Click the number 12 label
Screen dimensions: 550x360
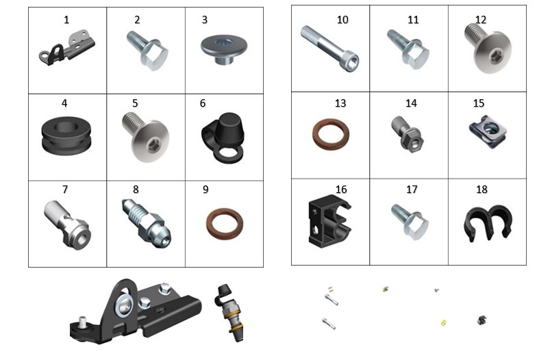(x=481, y=20)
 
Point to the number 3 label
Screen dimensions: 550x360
(x=205, y=20)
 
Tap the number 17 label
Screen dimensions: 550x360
(x=412, y=190)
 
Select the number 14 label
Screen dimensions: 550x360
(x=411, y=103)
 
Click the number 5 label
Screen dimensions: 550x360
(x=135, y=103)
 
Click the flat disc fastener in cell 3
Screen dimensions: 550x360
(x=224, y=49)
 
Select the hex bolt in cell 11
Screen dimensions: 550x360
(x=408, y=49)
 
